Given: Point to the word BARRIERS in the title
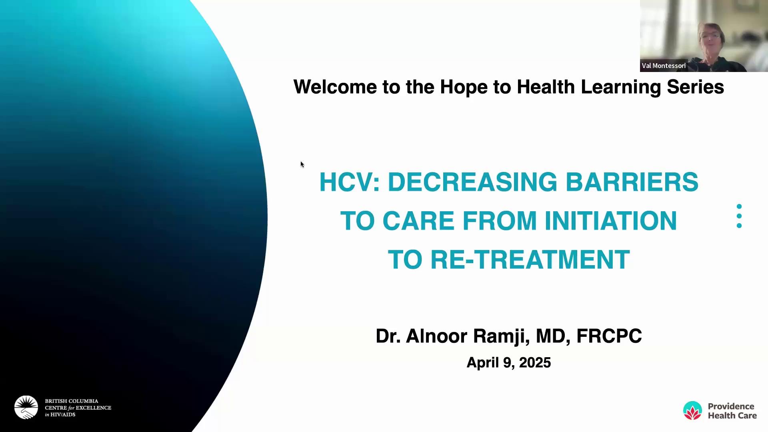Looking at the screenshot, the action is [x=632, y=182].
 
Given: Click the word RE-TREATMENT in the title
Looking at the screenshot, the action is [x=530, y=260].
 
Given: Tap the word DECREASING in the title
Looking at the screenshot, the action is [x=472, y=182].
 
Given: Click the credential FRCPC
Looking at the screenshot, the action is [x=609, y=336].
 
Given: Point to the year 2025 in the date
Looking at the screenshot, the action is [x=535, y=363].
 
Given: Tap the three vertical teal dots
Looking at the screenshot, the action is [x=739, y=216].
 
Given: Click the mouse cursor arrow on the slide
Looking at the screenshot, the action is [x=302, y=164].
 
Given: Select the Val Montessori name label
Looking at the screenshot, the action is [x=664, y=66].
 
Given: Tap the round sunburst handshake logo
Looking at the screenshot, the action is [x=26, y=408].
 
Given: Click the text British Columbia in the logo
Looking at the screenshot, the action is [x=72, y=401].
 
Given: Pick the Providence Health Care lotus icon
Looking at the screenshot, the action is [x=692, y=410].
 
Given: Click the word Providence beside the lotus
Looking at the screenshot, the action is [x=731, y=406].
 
